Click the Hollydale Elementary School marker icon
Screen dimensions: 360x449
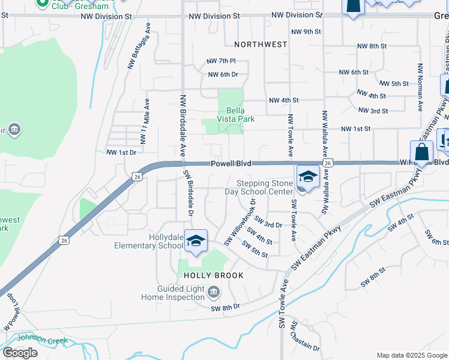tap(196, 241)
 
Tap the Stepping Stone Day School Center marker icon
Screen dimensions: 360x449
tap(307, 177)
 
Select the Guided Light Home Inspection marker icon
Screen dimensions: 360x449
tap(214, 293)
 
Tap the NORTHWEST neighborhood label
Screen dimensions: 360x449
tap(261, 44)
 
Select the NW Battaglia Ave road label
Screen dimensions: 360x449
tap(137, 47)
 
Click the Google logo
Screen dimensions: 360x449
tap(20, 352)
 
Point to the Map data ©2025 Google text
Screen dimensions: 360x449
tap(412, 355)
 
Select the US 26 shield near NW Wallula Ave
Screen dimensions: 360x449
tap(328, 163)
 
